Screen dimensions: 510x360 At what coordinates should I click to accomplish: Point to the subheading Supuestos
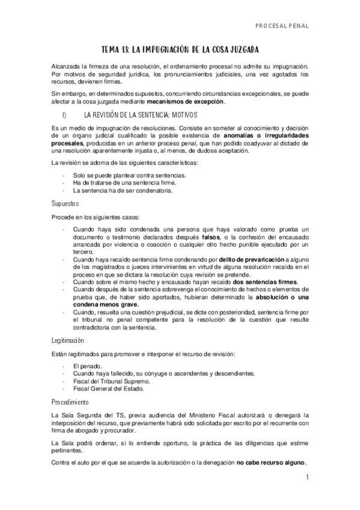(x=66, y=203)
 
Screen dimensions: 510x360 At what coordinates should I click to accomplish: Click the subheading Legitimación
(x=70, y=340)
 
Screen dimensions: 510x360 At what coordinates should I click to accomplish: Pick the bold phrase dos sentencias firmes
(x=264, y=282)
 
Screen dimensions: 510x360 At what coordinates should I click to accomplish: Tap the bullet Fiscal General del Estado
(x=109, y=389)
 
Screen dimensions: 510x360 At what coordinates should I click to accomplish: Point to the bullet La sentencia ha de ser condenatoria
(x=123, y=190)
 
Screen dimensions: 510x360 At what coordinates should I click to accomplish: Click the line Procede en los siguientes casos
(x=96, y=217)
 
